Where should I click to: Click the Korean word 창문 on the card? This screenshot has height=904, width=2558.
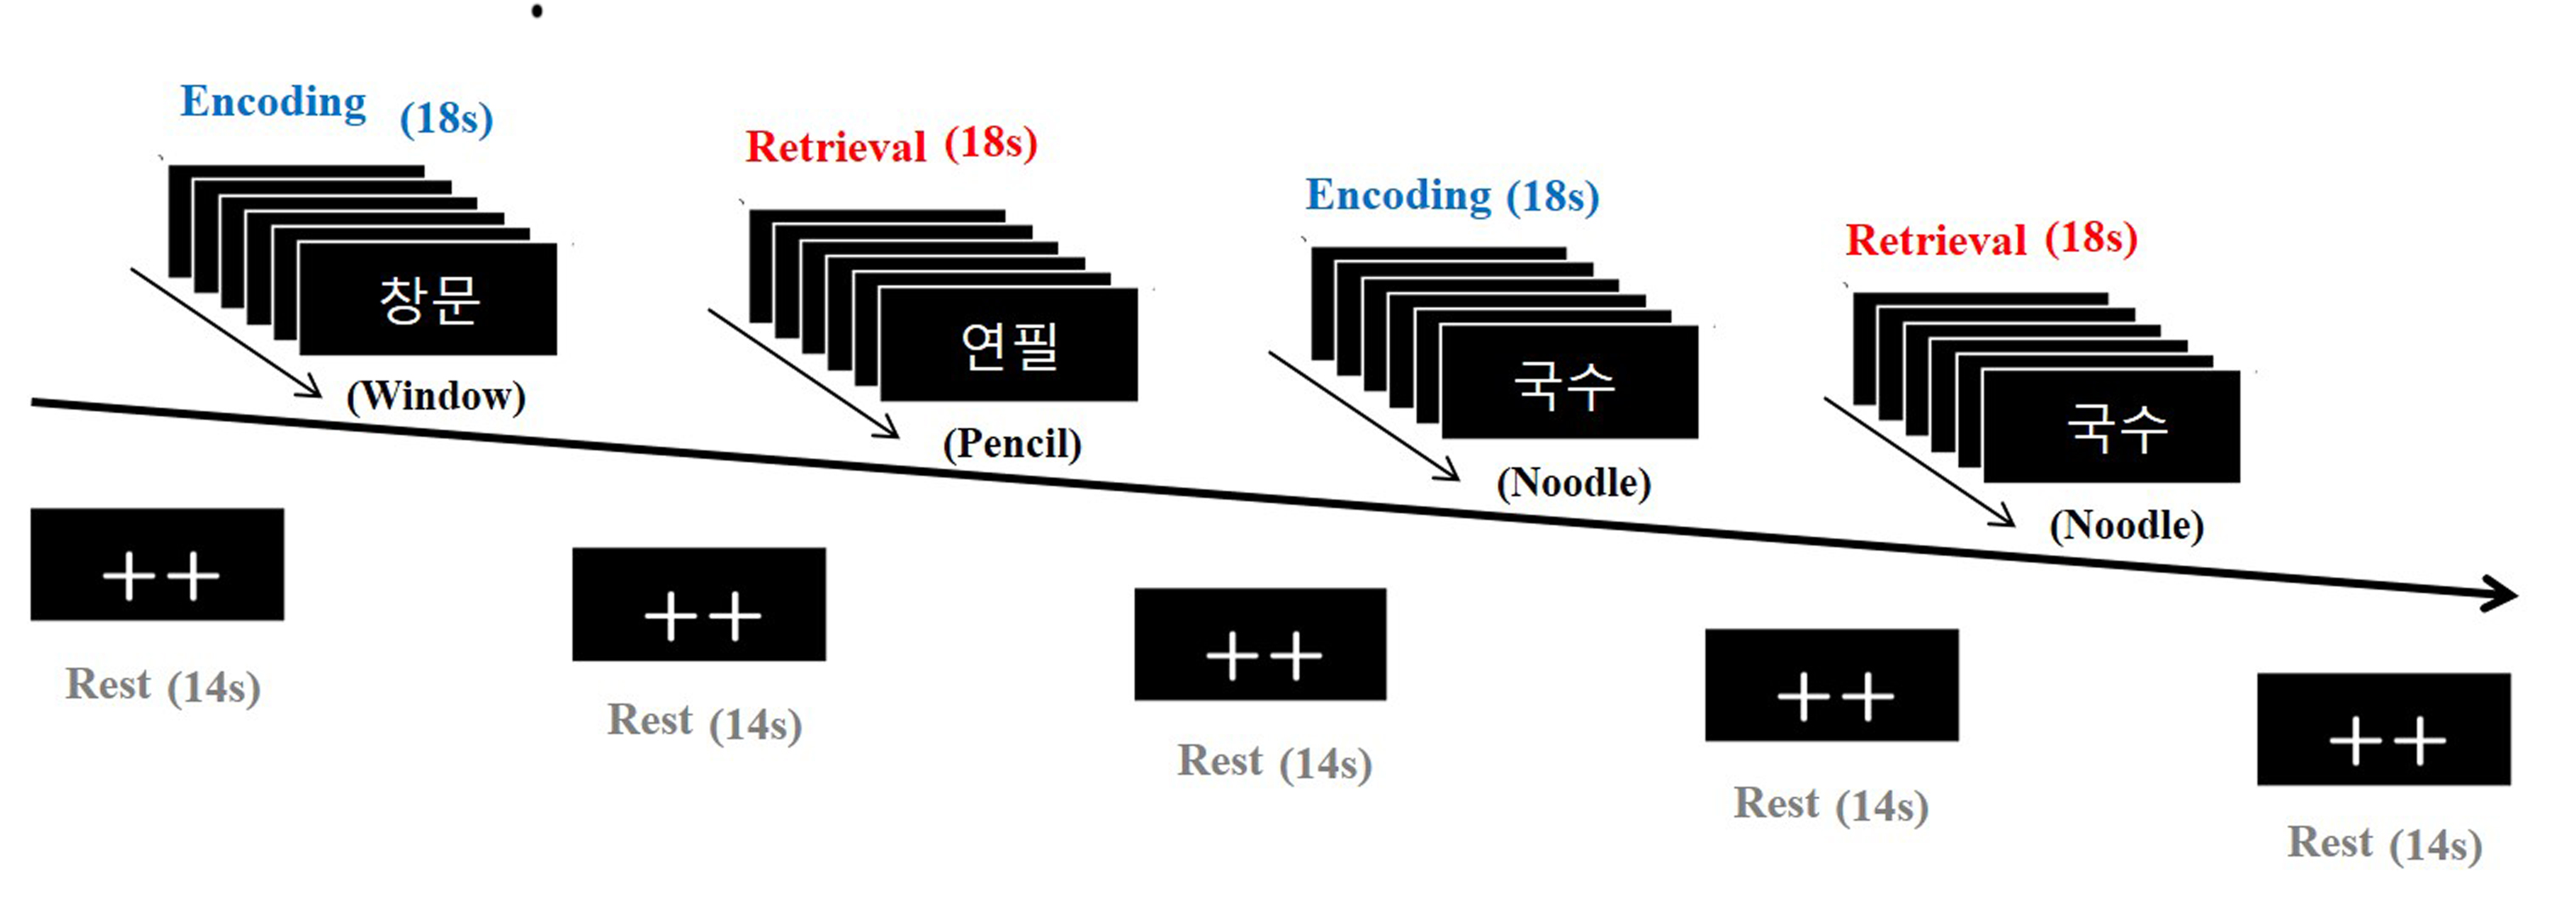(429, 299)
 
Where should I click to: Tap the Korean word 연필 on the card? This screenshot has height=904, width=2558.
(1009, 345)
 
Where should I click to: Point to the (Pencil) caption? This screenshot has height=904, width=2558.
(1011, 443)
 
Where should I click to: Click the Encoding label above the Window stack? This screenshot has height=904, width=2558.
(273, 102)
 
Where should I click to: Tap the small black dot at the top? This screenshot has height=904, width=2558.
(538, 12)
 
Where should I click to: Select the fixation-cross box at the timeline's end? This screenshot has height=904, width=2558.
(2383, 729)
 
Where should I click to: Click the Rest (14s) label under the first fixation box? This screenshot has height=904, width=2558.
(163, 686)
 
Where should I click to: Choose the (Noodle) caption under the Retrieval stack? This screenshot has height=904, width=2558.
(2126, 524)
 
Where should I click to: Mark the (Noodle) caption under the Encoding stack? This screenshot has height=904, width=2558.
(1573, 483)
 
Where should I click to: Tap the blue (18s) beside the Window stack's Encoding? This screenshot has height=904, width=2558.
(446, 119)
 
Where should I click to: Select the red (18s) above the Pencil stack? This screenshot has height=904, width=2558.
(990, 143)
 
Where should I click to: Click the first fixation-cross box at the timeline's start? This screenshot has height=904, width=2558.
(157, 564)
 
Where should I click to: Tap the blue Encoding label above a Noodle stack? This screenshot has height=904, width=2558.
(1397, 195)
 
